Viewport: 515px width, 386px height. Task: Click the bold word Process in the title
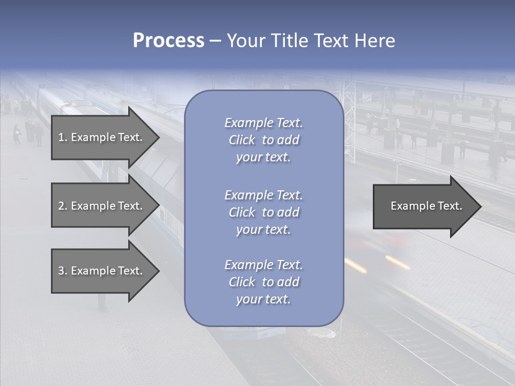pyautogui.click(x=168, y=40)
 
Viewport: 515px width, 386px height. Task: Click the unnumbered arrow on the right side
pyautogui.click(x=424, y=206)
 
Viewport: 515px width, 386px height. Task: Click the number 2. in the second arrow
pyautogui.click(x=62, y=206)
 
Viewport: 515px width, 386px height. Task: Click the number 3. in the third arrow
pyautogui.click(x=62, y=271)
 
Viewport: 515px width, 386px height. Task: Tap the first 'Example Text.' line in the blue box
pyautogui.click(x=263, y=123)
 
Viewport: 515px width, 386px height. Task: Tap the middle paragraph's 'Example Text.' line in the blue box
pyautogui.click(x=263, y=195)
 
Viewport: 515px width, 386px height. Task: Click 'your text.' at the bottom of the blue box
pyautogui.click(x=263, y=299)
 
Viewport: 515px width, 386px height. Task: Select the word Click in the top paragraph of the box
pyautogui.click(x=242, y=140)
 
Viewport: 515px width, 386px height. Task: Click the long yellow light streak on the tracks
pyautogui.click(x=398, y=262)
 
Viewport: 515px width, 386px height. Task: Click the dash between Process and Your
pyautogui.click(x=216, y=41)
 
